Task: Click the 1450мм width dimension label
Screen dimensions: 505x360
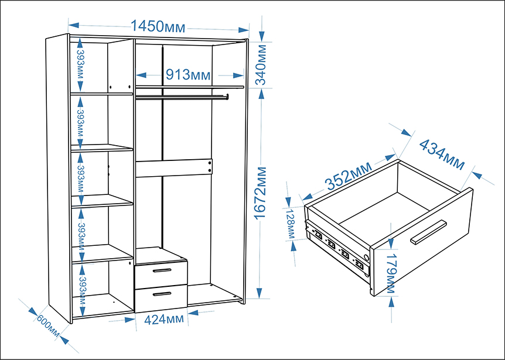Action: click(x=158, y=26)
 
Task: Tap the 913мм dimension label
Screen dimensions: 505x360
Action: click(x=188, y=75)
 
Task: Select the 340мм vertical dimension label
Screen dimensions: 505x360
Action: click(x=261, y=64)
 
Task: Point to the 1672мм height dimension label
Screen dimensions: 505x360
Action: click(x=260, y=193)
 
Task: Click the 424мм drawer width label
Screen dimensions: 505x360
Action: click(x=164, y=320)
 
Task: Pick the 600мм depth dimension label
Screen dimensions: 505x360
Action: click(x=48, y=326)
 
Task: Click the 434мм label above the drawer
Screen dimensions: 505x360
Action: click(x=442, y=155)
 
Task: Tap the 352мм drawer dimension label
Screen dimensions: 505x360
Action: click(x=349, y=176)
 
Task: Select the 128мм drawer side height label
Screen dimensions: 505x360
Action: click(x=291, y=224)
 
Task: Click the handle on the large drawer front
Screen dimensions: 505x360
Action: click(x=428, y=232)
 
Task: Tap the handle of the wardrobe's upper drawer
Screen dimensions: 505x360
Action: click(x=162, y=270)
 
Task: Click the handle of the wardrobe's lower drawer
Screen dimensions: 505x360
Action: click(x=162, y=294)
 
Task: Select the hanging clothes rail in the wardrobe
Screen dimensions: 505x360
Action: click(x=182, y=97)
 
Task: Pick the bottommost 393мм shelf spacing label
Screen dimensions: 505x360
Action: click(x=83, y=290)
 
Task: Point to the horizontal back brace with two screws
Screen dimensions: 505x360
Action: click(x=174, y=167)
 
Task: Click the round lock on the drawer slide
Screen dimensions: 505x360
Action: click(x=366, y=257)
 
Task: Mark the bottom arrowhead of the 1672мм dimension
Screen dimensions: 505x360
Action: click(x=260, y=293)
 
